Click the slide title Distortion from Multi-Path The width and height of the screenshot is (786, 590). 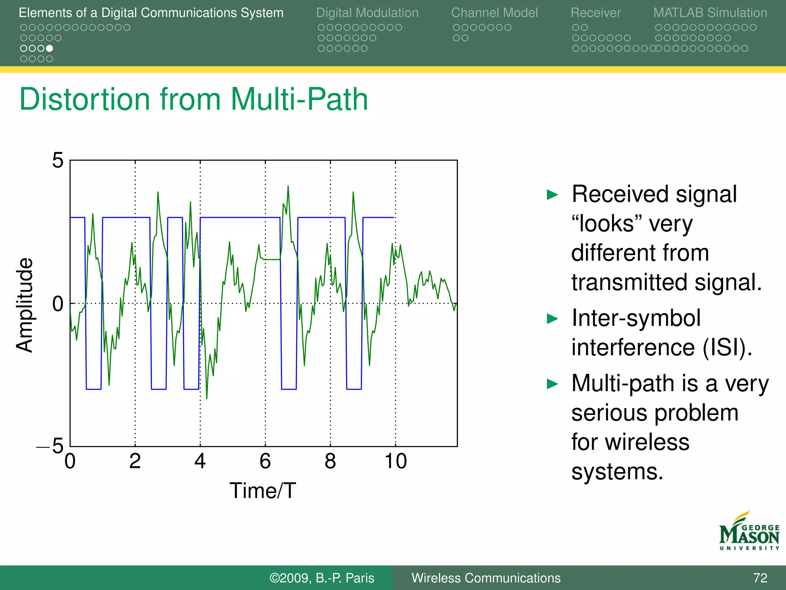click(193, 99)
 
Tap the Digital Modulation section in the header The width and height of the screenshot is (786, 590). click(367, 13)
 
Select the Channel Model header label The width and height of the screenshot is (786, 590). click(494, 13)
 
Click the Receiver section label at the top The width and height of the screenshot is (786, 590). click(595, 13)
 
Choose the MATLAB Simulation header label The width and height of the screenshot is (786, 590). click(710, 13)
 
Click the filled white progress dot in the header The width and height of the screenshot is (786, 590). click(50, 48)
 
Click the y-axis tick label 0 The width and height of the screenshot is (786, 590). click(58, 304)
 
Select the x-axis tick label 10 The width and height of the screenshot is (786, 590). click(395, 461)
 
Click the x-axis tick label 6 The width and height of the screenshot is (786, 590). click(265, 461)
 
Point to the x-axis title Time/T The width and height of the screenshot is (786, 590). click(263, 491)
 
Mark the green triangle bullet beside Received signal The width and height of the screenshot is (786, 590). click(552, 195)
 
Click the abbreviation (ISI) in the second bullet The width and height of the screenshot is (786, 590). click(727, 347)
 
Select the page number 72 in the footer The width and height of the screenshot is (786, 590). click(760, 578)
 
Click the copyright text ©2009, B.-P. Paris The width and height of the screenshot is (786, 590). click(322, 578)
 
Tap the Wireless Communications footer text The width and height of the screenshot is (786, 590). click(486, 578)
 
